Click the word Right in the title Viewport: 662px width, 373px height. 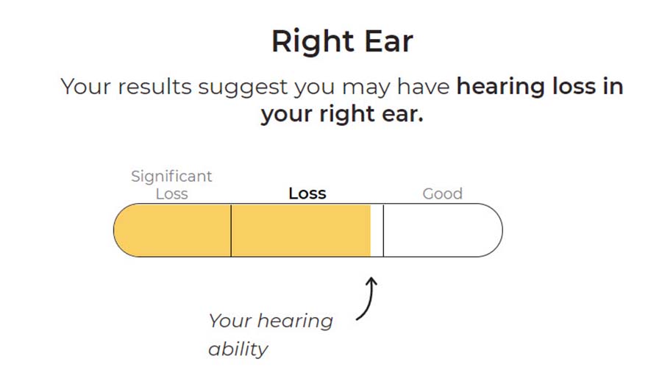(x=313, y=42)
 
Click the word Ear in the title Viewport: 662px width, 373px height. (x=388, y=41)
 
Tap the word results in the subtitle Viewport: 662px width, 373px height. (x=154, y=87)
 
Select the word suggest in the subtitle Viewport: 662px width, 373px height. (x=243, y=88)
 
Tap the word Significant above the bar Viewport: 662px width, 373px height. (x=171, y=177)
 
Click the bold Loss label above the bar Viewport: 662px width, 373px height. (x=307, y=193)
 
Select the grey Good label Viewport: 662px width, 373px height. (x=443, y=194)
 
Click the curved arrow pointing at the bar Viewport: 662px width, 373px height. (x=369, y=297)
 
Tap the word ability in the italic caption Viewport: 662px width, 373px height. (x=238, y=349)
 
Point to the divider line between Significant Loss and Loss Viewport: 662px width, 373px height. (x=231, y=230)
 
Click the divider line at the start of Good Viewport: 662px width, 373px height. (x=383, y=230)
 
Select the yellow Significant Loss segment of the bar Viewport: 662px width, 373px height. (x=173, y=230)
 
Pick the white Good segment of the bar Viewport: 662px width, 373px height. (x=443, y=230)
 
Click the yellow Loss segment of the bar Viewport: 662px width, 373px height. (x=301, y=230)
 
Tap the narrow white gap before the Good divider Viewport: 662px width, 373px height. (x=377, y=230)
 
